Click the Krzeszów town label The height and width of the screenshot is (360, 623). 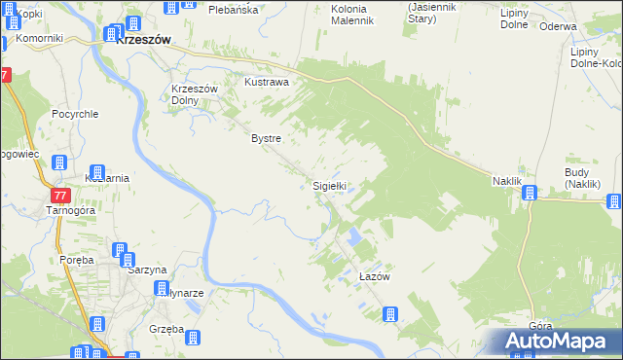point(143,40)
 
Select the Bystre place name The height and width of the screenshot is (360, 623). point(266,139)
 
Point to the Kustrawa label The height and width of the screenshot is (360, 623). point(267,83)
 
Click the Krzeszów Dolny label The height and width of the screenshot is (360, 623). point(192,94)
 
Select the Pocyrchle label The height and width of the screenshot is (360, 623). point(76,113)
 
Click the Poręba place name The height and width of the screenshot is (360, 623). point(75,260)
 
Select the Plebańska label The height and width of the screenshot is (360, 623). point(233,9)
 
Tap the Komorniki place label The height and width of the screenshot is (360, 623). point(39,38)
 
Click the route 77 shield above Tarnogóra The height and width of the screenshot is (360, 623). point(60,196)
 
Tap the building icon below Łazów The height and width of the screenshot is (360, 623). point(389,314)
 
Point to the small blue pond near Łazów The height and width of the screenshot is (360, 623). point(354,235)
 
